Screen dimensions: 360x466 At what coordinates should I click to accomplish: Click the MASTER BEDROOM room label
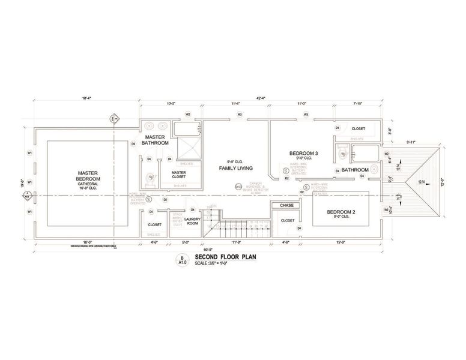click(88, 179)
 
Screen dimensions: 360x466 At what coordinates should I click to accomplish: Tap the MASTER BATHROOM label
click(155, 140)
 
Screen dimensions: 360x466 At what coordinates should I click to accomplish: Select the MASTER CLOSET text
click(178, 175)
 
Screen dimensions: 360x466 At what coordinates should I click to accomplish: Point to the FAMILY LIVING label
click(235, 169)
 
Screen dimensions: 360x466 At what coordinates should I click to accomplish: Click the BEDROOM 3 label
click(303, 154)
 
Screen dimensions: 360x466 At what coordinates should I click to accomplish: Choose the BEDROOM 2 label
click(342, 212)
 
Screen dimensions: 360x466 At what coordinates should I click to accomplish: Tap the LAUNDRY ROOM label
click(193, 221)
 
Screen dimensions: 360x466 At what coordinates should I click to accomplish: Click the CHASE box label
click(286, 205)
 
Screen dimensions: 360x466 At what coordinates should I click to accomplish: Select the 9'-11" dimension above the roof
click(412, 142)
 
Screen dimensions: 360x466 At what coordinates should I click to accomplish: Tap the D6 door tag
click(133, 145)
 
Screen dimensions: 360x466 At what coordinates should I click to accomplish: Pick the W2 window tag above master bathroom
click(187, 115)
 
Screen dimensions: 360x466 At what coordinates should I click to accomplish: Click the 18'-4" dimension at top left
click(86, 98)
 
